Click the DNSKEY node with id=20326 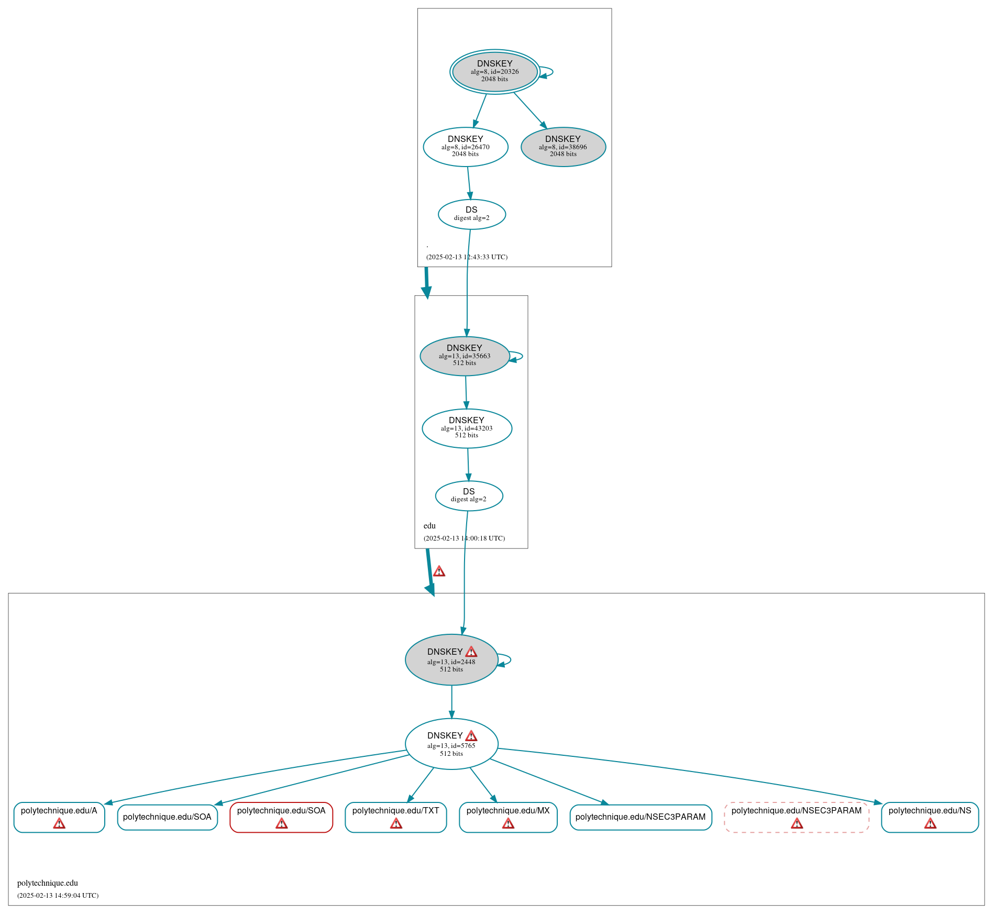tap(494, 72)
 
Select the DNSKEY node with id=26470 tap(465, 147)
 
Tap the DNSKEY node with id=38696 tap(563, 147)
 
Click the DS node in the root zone tap(471, 214)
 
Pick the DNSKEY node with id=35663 tap(465, 356)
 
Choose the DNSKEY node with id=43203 tap(467, 428)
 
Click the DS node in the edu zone tap(469, 495)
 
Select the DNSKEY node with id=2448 tap(451, 660)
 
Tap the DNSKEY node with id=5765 tap(451, 744)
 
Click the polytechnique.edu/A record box tap(59, 817)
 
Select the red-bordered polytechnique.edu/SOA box tap(281, 817)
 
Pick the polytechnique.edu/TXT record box tap(395, 817)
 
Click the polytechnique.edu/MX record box tap(508, 817)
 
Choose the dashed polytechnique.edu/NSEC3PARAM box tap(796, 817)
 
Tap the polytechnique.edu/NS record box tap(930, 817)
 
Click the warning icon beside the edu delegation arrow tap(439, 571)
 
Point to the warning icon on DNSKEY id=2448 tap(471, 652)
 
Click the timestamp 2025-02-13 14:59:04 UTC tap(58, 895)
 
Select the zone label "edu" tap(429, 526)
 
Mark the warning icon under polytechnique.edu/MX tap(508, 823)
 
